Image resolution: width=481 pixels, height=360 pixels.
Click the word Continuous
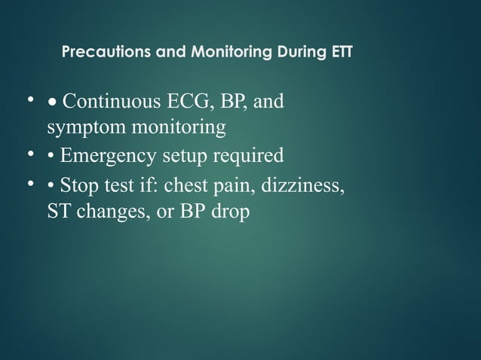[112, 101]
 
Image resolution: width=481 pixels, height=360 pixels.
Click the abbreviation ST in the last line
[58, 212]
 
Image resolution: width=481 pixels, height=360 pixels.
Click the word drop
[231, 212]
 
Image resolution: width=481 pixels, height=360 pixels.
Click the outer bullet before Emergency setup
[32, 155]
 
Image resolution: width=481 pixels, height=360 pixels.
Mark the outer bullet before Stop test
[32, 183]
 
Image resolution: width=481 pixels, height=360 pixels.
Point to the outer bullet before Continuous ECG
[32, 100]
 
